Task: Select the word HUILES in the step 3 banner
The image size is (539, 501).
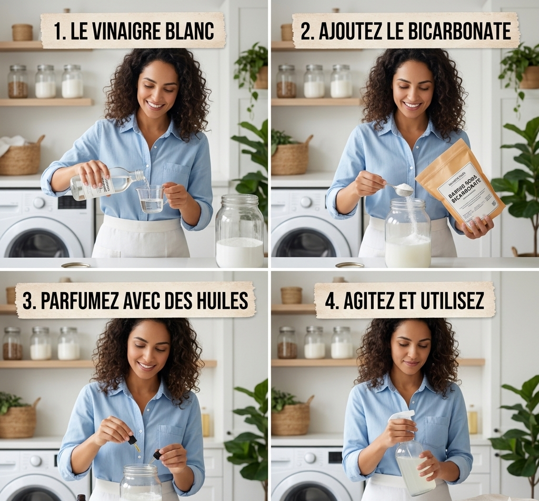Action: (x=221, y=300)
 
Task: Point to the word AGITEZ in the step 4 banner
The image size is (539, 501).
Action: (x=372, y=300)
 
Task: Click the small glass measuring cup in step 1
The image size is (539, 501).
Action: (x=151, y=198)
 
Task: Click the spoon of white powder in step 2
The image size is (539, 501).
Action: (x=403, y=189)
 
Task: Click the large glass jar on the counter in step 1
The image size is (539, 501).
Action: (x=239, y=232)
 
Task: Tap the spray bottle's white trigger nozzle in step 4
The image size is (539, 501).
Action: (x=401, y=416)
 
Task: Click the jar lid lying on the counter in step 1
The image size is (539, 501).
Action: (x=76, y=265)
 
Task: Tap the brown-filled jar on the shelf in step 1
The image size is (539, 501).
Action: (x=17, y=83)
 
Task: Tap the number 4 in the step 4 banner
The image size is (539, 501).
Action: (x=331, y=300)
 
